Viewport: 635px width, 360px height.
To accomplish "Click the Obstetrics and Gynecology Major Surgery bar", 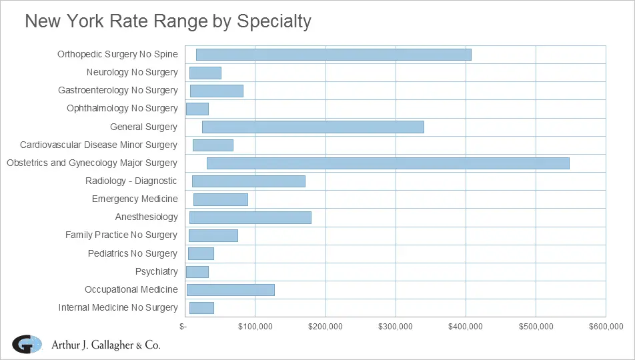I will point(388,163).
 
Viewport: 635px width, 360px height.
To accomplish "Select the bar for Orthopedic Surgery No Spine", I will point(334,55).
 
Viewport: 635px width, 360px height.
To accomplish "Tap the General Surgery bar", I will point(313,127).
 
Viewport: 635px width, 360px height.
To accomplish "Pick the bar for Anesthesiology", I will point(250,217).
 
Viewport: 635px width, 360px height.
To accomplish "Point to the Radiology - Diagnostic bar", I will point(248,181).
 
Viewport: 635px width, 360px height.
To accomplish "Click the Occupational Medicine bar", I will point(230,290).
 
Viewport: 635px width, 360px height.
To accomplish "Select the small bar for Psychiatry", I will point(197,272).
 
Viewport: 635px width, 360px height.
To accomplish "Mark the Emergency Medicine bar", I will point(220,199).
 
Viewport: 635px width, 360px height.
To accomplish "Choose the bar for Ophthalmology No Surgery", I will point(197,109).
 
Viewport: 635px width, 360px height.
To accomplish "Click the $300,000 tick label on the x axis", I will point(396,326).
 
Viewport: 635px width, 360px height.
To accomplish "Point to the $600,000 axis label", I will point(606,326).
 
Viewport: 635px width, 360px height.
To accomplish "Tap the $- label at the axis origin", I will point(183,326).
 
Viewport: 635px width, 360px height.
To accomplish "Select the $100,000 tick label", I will point(256,326).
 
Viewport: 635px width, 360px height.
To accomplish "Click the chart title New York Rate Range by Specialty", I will point(168,21).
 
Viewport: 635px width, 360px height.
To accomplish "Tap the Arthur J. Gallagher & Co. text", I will point(106,345).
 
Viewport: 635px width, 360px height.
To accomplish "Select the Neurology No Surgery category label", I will point(132,72).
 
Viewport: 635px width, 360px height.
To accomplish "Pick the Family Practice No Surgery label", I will point(121,235).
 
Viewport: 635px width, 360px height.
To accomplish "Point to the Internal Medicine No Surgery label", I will point(118,307).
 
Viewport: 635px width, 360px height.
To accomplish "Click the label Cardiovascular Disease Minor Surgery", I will point(99,145).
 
